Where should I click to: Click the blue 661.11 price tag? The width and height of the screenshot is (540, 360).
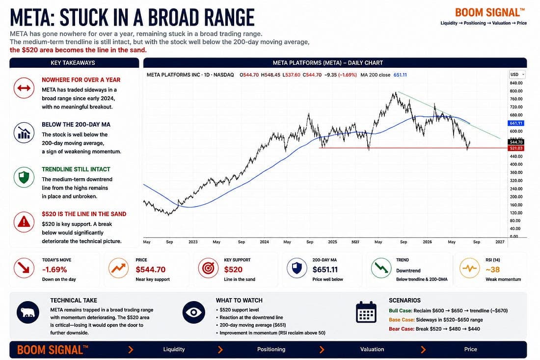(x=515, y=123)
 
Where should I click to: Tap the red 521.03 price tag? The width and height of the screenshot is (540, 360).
(x=515, y=148)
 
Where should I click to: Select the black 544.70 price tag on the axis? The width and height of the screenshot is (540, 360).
(x=515, y=142)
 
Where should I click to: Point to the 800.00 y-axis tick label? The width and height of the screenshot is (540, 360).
(x=516, y=91)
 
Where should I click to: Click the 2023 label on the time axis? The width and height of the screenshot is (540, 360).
(x=193, y=242)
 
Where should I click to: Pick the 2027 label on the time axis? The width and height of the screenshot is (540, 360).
(x=500, y=242)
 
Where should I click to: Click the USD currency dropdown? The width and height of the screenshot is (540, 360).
(x=517, y=75)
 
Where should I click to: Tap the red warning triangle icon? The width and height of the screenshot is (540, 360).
(x=24, y=222)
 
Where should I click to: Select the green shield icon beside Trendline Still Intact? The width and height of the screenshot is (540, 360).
(x=24, y=177)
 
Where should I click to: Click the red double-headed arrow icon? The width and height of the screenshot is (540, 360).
(x=24, y=88)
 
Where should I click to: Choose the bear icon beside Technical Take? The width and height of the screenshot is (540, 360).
(x=28, y=312)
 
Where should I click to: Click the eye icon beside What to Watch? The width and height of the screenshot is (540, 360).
(x=193, y=312)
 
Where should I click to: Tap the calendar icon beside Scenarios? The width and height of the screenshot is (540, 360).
(x=366, y=312)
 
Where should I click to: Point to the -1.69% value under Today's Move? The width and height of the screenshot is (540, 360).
(x=54, y=270)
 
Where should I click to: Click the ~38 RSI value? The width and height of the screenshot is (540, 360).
(x=492, y=270)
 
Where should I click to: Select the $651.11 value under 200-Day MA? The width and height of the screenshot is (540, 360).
(x=325, y=270)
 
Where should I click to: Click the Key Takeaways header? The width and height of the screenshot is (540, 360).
(x=73, y=63)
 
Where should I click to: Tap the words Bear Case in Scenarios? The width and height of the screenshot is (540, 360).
(x=401, y=329)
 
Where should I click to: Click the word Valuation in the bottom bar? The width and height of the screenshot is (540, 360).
(x=372, y=349)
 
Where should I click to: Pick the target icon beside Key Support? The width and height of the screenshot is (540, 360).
(x=208, y=268)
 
